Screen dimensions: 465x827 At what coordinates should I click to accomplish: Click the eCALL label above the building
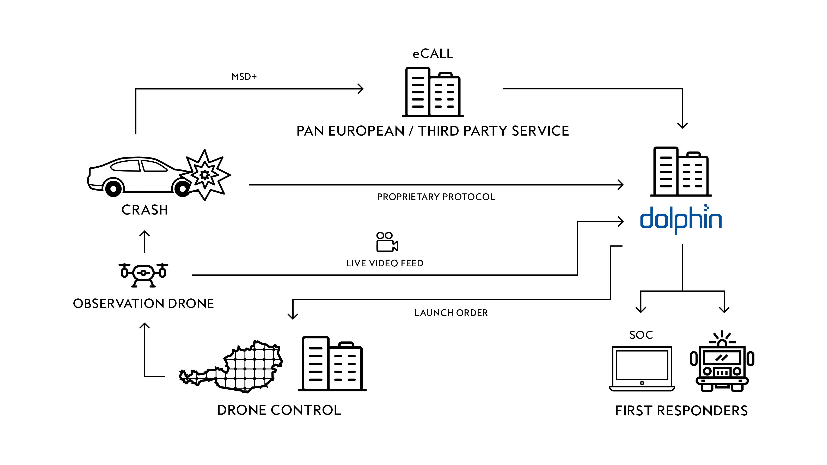click(433, 54)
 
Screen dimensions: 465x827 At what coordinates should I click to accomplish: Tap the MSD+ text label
click(244, 77)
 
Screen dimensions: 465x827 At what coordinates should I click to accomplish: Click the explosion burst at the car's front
click(206, 175)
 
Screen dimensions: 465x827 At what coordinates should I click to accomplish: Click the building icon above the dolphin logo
click(681, 172)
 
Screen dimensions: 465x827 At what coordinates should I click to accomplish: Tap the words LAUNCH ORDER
click(451, 313)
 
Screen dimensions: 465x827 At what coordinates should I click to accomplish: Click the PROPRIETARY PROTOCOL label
click(436, 197)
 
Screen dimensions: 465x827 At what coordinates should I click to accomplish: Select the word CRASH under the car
click(145, 210)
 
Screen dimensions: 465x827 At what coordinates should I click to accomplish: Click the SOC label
click(641, 335)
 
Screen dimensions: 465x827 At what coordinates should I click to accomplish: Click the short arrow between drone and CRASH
click(145, 242)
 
